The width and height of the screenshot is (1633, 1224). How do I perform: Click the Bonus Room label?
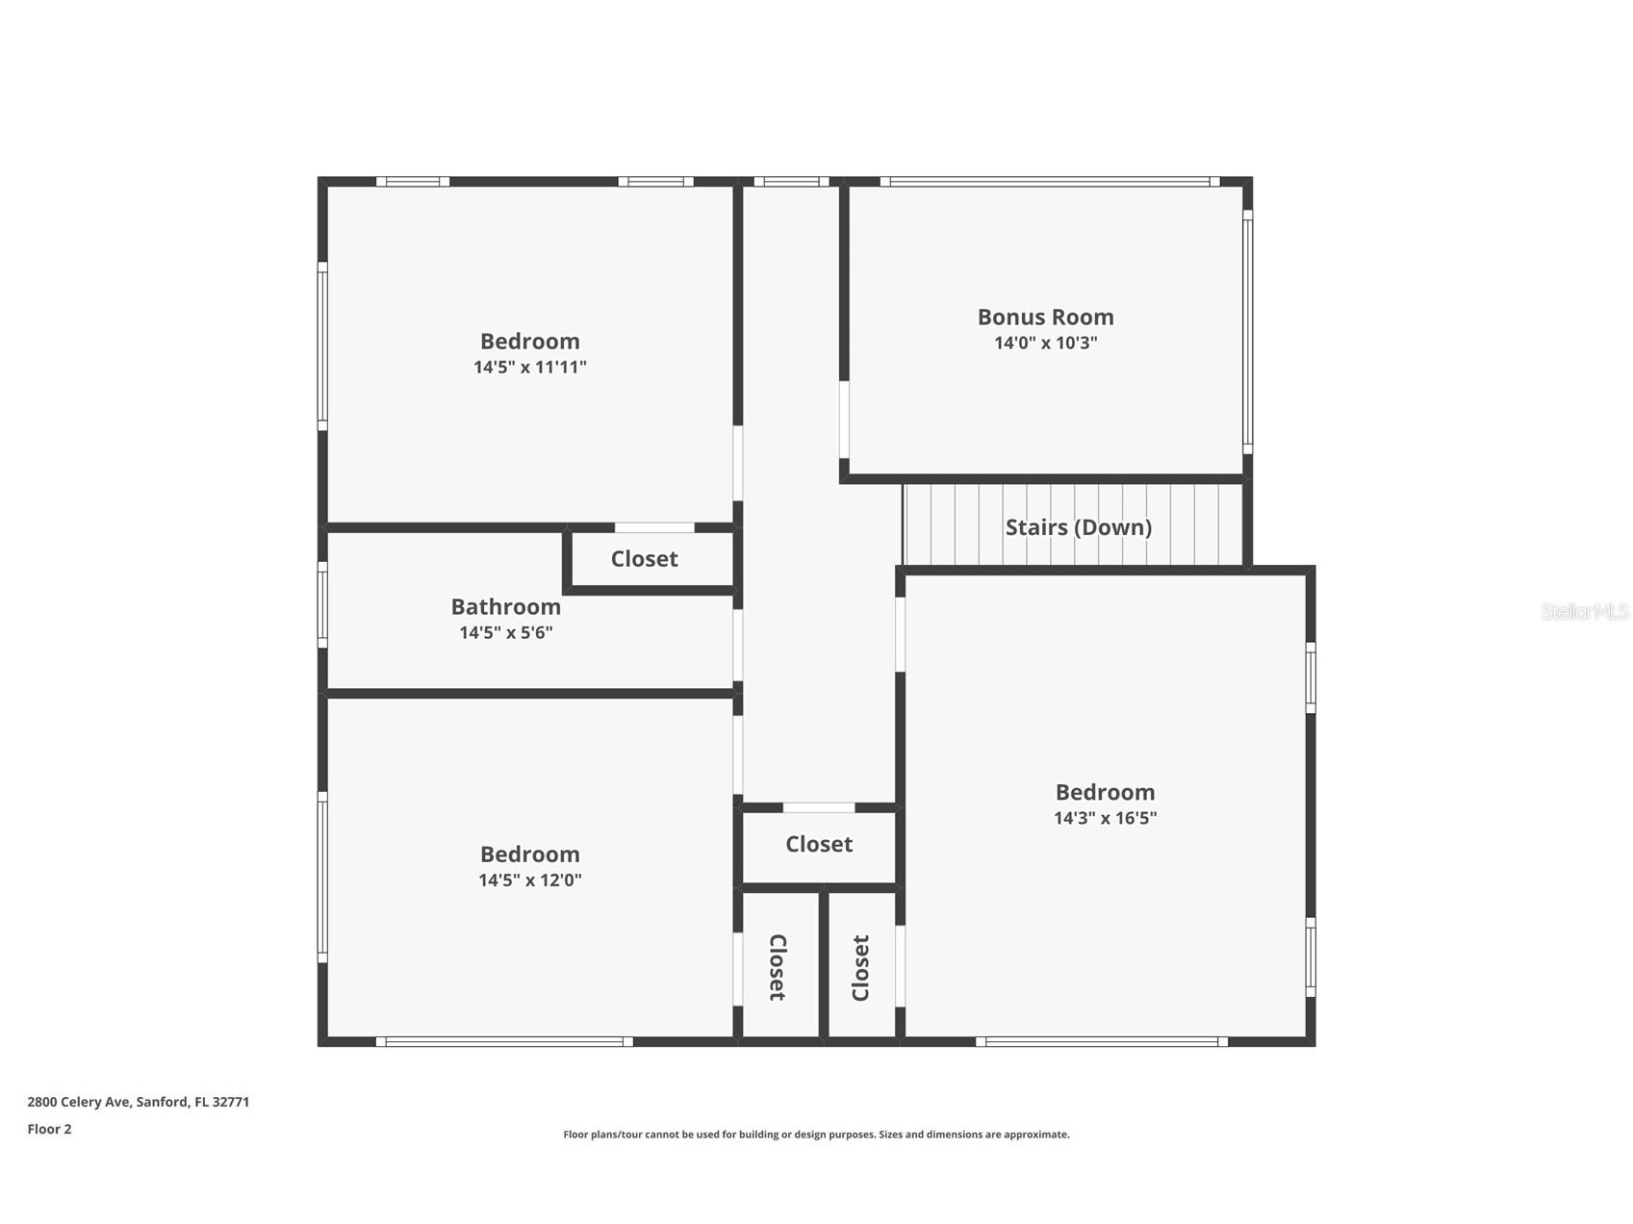(1045, 317)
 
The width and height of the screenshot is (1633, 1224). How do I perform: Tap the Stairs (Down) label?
(1078, 527)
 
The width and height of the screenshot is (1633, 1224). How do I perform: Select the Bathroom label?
(505, 607)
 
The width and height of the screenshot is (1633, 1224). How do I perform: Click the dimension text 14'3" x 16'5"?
(1105, 818)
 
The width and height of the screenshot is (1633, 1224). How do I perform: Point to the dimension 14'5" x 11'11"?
(529, 367)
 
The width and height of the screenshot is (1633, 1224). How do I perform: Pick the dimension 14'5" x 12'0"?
(529, 880)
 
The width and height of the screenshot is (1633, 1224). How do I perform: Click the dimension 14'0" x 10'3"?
(1045, 343)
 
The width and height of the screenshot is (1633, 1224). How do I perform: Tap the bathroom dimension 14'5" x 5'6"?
(505, 632)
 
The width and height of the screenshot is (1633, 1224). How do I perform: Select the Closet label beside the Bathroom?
(644, 559)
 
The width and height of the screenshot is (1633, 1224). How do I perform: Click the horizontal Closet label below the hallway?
(819, 844)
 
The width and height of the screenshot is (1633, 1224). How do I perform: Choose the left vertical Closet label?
(778, 967)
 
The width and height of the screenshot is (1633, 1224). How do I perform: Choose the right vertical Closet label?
(860, 967)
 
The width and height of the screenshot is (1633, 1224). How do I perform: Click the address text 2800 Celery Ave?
(79, 1102)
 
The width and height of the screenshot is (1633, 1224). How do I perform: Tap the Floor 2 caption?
(49, 1129)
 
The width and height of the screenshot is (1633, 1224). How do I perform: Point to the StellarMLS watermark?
(1585, 611)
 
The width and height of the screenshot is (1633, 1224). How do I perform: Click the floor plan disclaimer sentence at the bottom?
(816, 1135)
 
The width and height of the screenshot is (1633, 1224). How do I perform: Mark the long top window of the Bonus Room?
(1050, 181)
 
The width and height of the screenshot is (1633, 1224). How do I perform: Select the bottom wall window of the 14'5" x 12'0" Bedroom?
(504, 1041)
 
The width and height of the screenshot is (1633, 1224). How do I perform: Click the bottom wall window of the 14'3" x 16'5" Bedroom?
(1102, 1041)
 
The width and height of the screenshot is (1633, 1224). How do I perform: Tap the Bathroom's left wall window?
(322, 605)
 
